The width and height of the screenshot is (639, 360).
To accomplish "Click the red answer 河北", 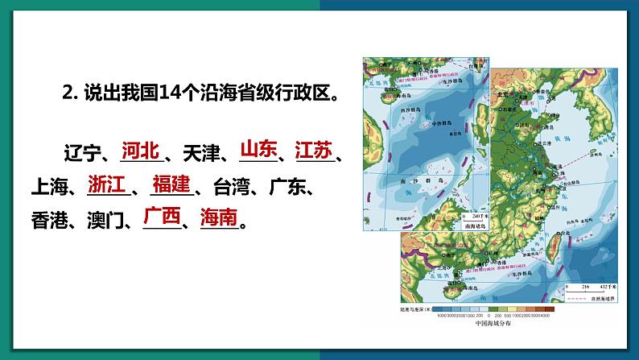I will click(x=142, y=150).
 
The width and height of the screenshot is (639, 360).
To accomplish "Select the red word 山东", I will click(x=258, y=150).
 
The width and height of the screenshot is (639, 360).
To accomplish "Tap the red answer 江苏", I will click(x=313, y=150).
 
